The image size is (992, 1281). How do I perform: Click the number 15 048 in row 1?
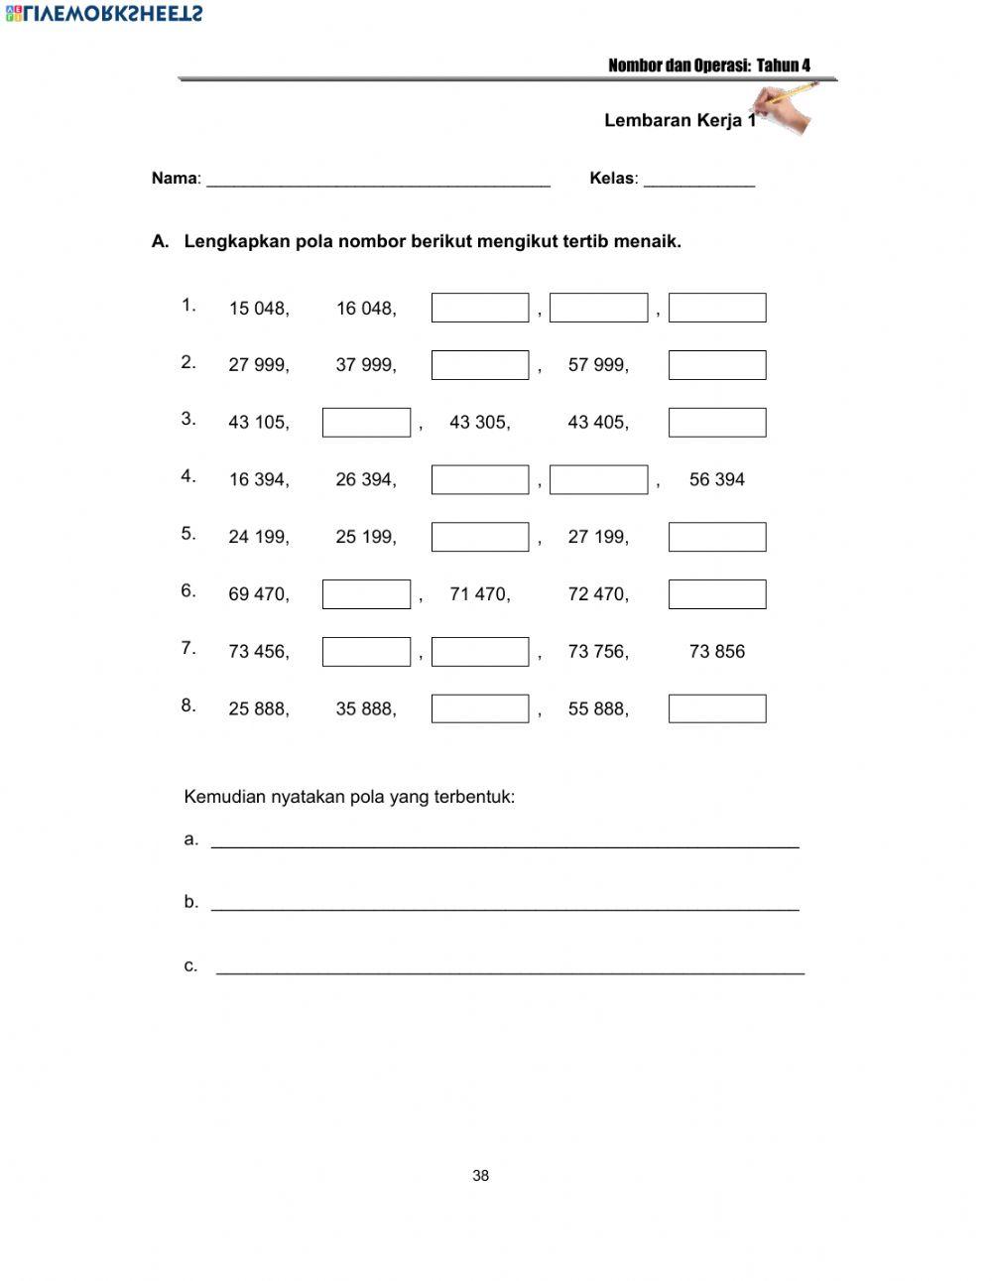click(259, 309)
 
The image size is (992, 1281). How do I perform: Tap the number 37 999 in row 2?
click(366, 365)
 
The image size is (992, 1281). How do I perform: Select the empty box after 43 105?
click(366, 423)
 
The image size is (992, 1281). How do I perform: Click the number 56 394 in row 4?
click(716, 480)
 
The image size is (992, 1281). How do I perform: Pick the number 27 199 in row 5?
click(597, 538)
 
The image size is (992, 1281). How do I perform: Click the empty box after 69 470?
click(366, 594)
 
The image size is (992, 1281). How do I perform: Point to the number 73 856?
click(716, 652)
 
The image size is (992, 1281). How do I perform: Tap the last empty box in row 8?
click(716, 708)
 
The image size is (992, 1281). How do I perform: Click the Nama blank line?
click(378, 181)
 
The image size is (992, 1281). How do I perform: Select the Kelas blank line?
click(698, 181)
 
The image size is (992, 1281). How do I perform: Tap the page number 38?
click(481, 1176)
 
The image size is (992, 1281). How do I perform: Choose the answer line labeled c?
click(510, 967)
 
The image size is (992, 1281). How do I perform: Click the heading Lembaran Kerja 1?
click(679, 121)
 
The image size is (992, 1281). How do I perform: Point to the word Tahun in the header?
click(777, 65)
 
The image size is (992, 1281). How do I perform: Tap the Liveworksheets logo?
click(104, 13)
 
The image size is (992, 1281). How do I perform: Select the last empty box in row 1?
click(716, 308)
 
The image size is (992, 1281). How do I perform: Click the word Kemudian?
click(224, 797)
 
